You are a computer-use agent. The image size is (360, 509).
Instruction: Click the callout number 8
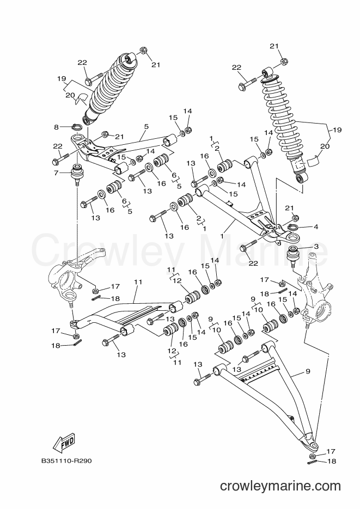tap(57, 127)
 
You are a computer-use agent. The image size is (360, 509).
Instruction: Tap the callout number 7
tap(56, 173)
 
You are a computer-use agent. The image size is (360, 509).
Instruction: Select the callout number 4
tap(316, 227)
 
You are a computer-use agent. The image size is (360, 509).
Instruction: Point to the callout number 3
tap(316, 247)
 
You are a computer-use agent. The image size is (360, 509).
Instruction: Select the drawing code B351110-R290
tap(66, 461)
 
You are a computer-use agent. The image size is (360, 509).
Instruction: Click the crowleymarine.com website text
tap(280, 486)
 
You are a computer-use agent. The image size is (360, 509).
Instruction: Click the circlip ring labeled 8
tap(76, 127)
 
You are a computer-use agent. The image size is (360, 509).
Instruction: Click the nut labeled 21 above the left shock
tap(144, 51)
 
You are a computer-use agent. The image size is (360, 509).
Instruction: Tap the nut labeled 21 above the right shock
tap(283, 61)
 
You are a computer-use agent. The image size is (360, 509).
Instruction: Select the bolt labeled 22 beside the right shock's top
tap(249, 84)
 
